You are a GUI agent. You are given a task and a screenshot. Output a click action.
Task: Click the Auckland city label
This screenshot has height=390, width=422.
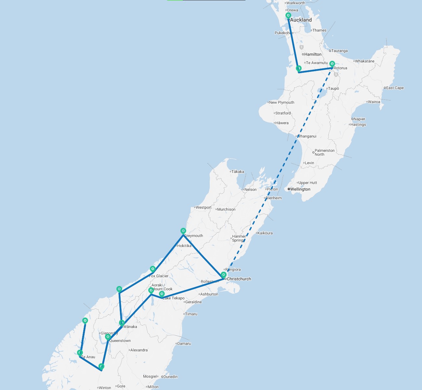[x=301, y=20]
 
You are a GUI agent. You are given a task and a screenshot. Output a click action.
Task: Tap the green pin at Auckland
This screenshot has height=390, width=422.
[x=288, y=15]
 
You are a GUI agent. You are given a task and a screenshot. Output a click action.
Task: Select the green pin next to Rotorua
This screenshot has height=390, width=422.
[x=332, y=64]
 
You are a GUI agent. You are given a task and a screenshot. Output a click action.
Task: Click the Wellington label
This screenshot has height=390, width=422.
[x=300, y=189]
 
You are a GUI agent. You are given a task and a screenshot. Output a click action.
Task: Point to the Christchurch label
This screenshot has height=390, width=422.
[x=239, y=279]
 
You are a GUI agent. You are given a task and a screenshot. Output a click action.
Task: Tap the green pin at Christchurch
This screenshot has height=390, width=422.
[x=224, y=275]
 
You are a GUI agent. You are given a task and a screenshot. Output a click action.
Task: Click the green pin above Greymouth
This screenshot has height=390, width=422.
[x=183, y=231]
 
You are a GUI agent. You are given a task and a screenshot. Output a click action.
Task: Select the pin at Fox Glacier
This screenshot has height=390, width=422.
[x=152, y=269]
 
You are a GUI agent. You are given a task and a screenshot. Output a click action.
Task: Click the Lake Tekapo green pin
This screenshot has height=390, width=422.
[x=162, y=294]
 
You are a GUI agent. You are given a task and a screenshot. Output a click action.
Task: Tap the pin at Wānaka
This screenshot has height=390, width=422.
[x=122, y=323]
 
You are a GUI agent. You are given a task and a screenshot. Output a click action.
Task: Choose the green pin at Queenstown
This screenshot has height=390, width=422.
[x=108, y=337]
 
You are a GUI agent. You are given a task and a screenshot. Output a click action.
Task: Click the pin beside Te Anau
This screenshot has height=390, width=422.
[x=80, y=353]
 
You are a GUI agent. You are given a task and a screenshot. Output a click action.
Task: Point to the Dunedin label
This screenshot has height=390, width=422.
[x=171, y=377]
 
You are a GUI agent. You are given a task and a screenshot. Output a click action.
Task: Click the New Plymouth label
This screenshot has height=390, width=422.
[x=282, y=102]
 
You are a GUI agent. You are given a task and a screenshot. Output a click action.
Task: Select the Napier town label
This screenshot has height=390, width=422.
[x=359, y=119]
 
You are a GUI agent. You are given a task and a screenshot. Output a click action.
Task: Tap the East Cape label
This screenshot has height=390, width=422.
[x=395, y=88]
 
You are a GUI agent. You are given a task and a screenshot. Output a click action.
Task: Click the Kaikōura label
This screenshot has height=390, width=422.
[x=265, y=233]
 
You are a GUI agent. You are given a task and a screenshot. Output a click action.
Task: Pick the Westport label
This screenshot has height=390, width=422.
[x=204, y=207]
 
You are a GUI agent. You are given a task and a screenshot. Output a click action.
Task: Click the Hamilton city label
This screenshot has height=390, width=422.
[x=313, y=54]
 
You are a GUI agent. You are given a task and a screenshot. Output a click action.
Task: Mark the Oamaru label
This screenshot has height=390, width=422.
[x=184, y=344]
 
